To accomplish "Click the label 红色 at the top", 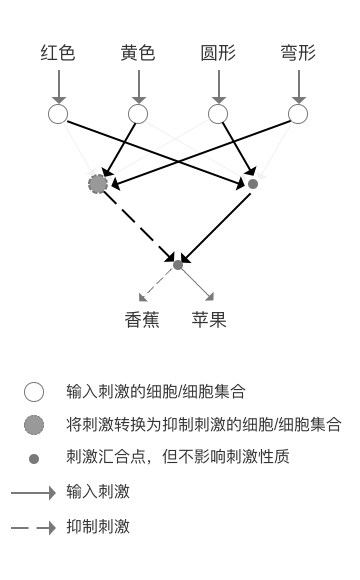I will (58, 53).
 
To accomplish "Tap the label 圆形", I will (218, 53).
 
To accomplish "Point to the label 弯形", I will (298, 53).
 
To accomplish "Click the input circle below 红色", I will (58, 114).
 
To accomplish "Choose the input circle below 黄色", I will (138, 114).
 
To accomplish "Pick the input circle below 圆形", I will (218, 114).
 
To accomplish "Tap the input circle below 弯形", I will (298, 114).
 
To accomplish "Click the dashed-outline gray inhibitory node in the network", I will (98, 184).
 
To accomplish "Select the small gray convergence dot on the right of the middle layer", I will (253, 184).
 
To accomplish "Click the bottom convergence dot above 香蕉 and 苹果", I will (178, 264).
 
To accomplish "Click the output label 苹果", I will (209, 320).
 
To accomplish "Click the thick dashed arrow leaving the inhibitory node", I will (138, 224).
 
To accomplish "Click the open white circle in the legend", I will (34, 391).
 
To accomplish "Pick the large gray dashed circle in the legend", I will (34, 424).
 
